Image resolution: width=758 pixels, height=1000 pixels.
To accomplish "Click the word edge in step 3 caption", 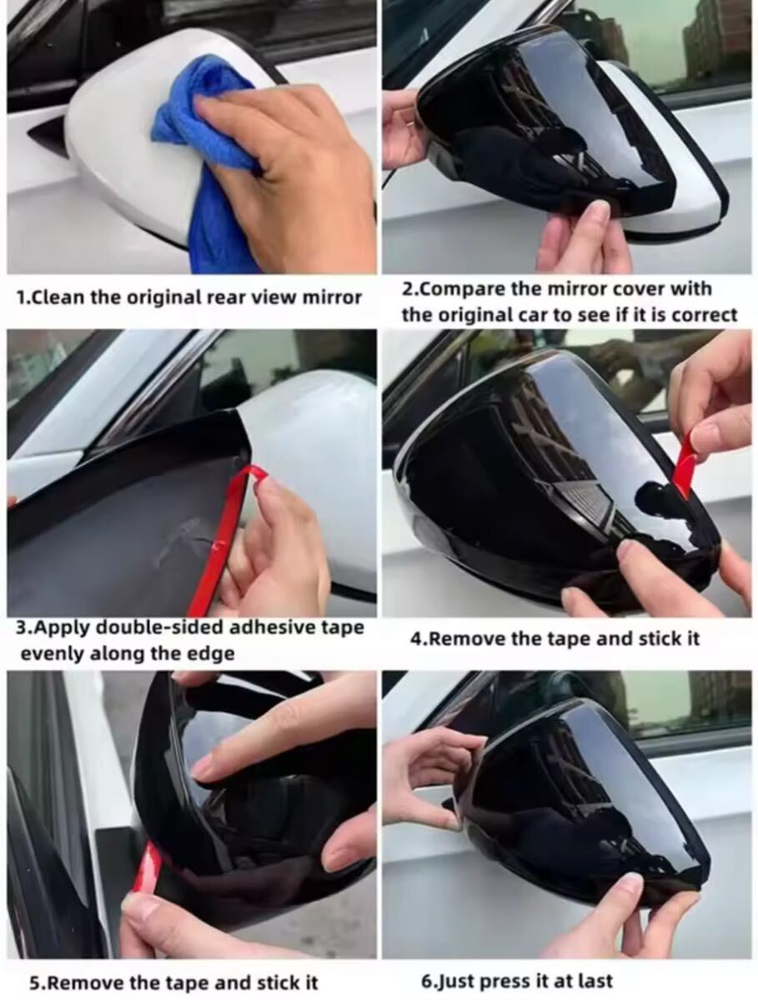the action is pos(211,654).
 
